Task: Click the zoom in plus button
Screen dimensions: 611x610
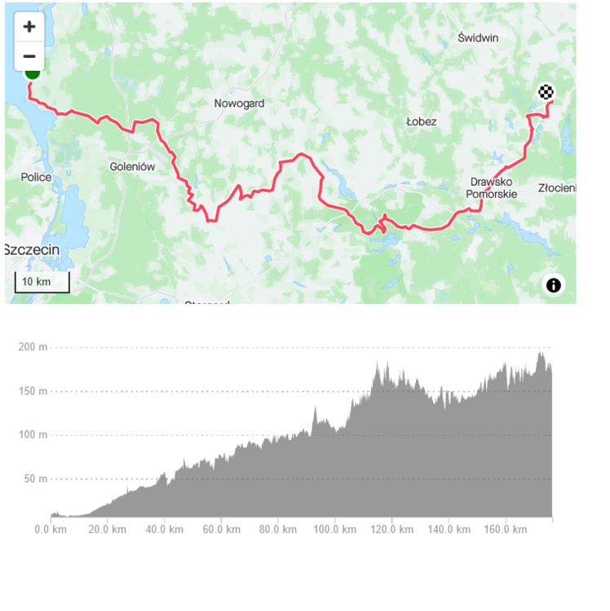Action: [x=29, y=26]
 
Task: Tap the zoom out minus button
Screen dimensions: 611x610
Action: [x=29, y=56]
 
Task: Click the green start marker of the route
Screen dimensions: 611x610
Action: [x=33, y=73]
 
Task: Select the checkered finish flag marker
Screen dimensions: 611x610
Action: [x=546, y=92]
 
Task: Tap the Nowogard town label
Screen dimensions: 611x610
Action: [x=239, y=103]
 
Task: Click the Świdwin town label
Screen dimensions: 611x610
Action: [x=478, y=37]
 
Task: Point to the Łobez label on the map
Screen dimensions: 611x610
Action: [x=422, y=121]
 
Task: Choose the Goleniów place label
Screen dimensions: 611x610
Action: [x=132, y=166]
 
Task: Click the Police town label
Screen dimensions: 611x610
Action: [x=37, y=177]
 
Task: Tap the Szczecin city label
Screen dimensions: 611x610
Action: [x=29, y=249]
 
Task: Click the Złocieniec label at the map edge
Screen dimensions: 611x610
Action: [x=558, y=188]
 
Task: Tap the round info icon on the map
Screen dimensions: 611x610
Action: [x=554, y=284]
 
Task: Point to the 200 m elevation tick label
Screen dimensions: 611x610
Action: [x=33, y=347]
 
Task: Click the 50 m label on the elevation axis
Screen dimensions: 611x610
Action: [x=36, y=478]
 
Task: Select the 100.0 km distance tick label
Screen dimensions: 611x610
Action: [x=334, y=530]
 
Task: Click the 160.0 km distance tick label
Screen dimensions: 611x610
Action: [x=505, y=530]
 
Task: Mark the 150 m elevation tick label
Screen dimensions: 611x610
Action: [x=33, y=391]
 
